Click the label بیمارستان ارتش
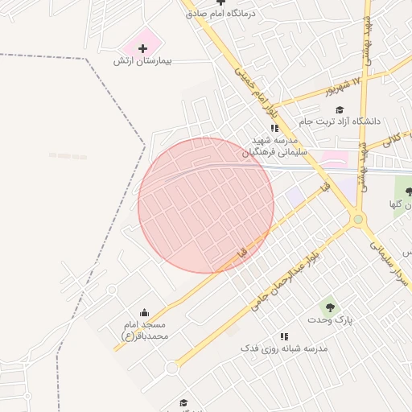coord(144,61)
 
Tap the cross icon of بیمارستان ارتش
coord(143,48)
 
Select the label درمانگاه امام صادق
coord(220,14)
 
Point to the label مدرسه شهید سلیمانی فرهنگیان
coord(271,146)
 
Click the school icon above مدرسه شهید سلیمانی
coord(274,127)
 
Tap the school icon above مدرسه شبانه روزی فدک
coord(283,336)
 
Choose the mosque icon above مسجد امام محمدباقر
coord(144,312)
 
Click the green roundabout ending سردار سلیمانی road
coord(358,218)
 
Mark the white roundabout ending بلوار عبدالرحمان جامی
coord(171,368)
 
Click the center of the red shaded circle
coord(206,205)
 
